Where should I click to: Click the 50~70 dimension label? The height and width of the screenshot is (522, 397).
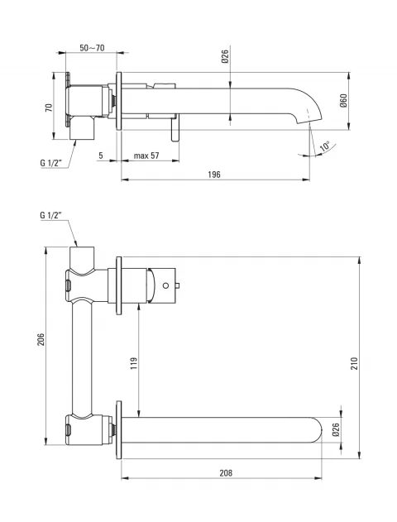coord(92,48)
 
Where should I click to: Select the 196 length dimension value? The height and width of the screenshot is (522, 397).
coord(214,175)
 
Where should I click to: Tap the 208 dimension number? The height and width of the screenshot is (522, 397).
coord(226,472)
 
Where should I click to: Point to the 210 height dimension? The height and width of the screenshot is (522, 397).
coord(354,363)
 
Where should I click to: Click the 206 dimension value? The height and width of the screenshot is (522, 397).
coord(41,339)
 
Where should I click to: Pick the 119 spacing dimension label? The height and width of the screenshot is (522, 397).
coord(133,363)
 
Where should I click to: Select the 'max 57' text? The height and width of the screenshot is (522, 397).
coord(146,156)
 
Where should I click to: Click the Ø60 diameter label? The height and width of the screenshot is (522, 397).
coord(343,100)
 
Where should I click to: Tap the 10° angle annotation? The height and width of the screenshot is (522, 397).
coord(324,146)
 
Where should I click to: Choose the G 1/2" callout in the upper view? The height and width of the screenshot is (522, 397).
coord(51,163)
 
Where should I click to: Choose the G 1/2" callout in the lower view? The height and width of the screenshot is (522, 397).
coord(51,215)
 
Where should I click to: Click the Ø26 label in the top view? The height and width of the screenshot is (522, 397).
coord(225,56)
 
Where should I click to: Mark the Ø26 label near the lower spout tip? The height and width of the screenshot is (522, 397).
coord(336,430)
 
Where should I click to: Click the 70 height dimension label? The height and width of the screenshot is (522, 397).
coord(49,108)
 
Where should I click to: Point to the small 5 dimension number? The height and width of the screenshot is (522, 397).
coord(101,156)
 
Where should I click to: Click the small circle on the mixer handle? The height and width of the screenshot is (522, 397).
coord(165,285)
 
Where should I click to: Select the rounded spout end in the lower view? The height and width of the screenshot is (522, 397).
coord(316,430)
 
